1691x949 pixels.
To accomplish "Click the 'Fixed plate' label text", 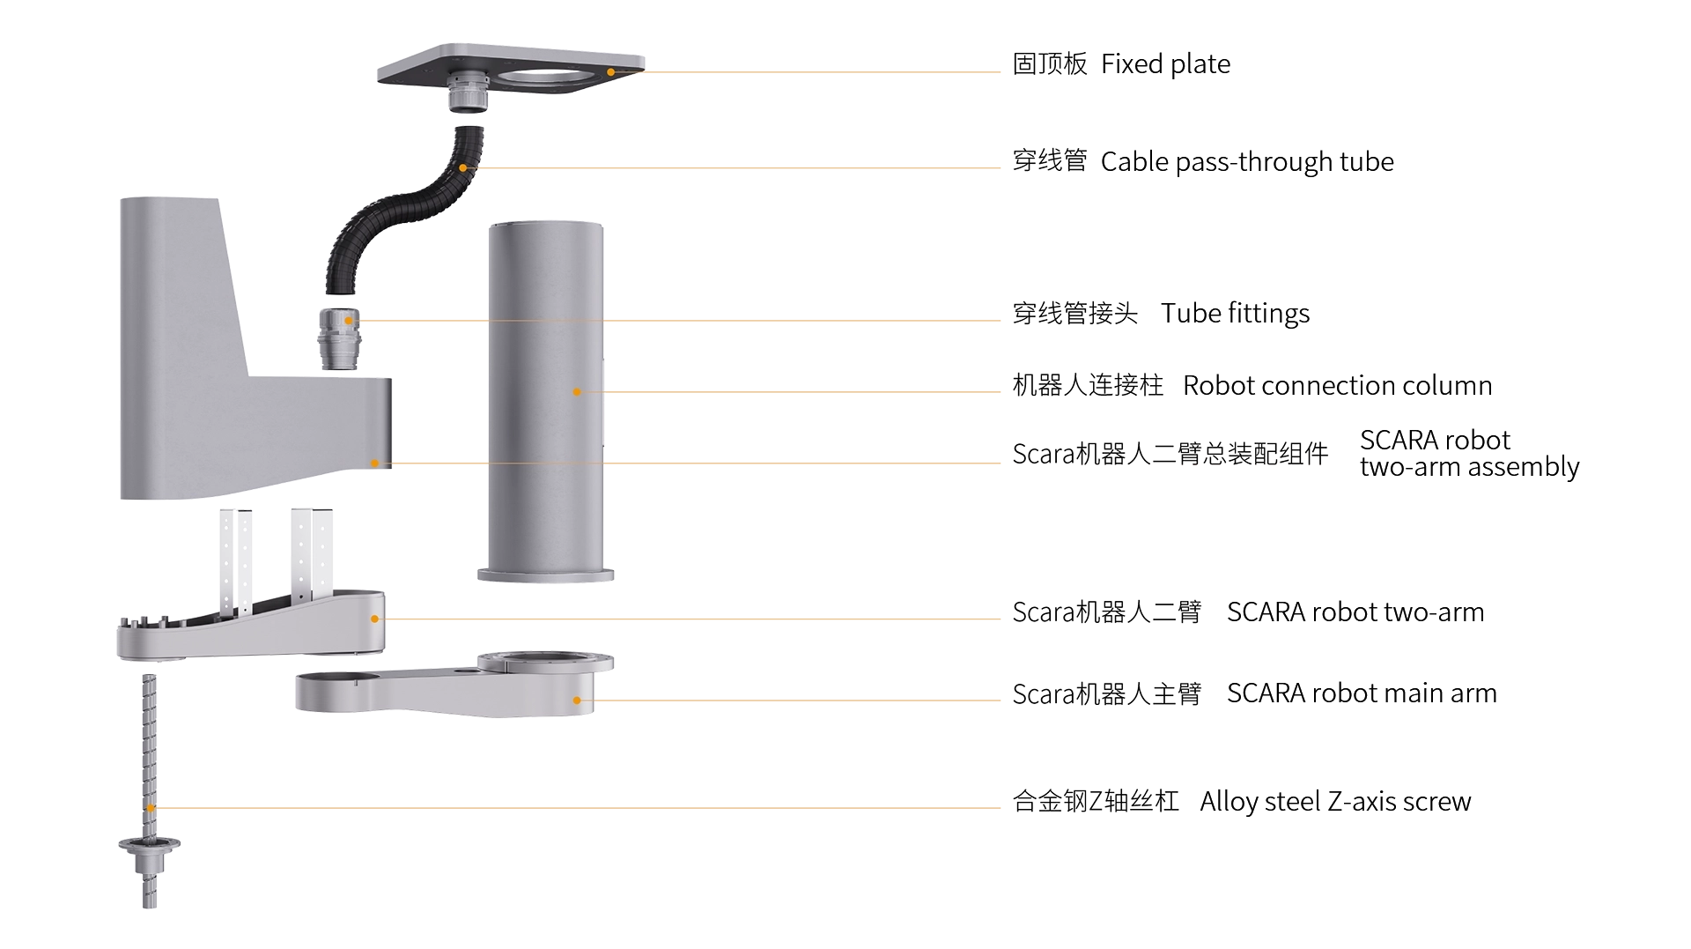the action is (1165, 64).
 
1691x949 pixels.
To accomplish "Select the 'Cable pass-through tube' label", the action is (1247, 162).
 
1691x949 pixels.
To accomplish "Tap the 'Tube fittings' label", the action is (1235, 314).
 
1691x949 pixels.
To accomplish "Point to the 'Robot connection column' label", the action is (1337, 386).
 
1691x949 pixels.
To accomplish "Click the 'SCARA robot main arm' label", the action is (1362, 693).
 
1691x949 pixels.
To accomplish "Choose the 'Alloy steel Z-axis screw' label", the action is (1335, 802).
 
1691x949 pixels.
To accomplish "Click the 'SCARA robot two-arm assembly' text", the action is (1469, 453).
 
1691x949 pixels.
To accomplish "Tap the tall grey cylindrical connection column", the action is (545, 401).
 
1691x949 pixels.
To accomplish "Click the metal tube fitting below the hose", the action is (340, 338).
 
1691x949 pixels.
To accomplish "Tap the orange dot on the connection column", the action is (577, 392).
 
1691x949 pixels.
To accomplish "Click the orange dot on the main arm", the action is (577, 701).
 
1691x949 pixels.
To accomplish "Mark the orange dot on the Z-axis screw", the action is (151, 808).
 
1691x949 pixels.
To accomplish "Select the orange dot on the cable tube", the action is (463, 167).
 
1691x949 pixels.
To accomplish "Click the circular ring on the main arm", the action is (546, 662).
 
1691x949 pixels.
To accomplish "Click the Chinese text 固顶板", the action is (1050, 64).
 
